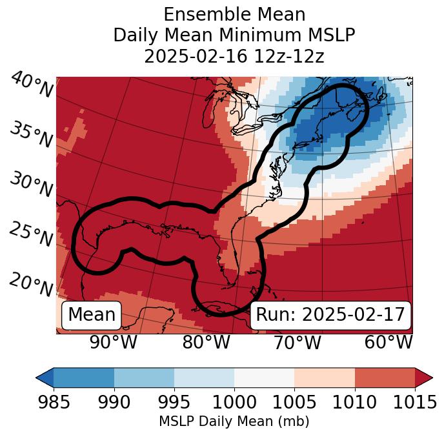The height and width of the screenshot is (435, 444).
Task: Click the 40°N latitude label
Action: click(32, 85)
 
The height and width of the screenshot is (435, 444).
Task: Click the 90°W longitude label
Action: click(113, 343)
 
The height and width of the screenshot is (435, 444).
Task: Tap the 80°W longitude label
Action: click(206, 343)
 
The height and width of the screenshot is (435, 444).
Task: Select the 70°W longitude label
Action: click(297, 343)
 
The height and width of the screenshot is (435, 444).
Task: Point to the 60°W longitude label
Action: click(388, 343)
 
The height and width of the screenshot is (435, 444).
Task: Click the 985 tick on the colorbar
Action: click(54, 403)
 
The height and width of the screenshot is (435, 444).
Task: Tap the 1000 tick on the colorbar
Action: click(234, 403)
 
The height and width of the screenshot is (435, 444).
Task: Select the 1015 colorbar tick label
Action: click(415, 403)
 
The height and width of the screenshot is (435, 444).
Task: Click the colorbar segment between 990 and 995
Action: click(144, 378)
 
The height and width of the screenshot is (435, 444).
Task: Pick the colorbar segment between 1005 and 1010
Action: click(325, 378)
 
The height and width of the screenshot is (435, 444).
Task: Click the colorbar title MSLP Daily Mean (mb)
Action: click(234, 422)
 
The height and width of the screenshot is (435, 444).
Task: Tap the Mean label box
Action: click(92, 315)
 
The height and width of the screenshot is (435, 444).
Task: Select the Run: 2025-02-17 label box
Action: click(330, 315)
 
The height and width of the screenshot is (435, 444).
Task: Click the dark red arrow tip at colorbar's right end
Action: click(424, 378)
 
